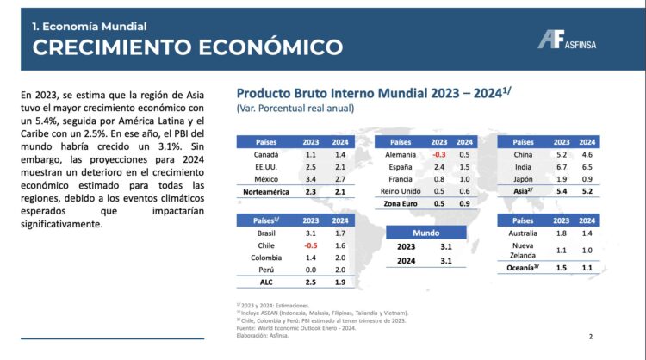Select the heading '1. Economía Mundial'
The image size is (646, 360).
(89, 27)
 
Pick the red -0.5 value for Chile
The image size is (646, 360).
(309, 245)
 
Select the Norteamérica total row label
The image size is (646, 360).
(264, 191)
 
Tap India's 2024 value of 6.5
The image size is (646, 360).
(588, 166)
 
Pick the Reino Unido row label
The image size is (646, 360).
(399, 190)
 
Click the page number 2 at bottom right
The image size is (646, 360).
(590, 337)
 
